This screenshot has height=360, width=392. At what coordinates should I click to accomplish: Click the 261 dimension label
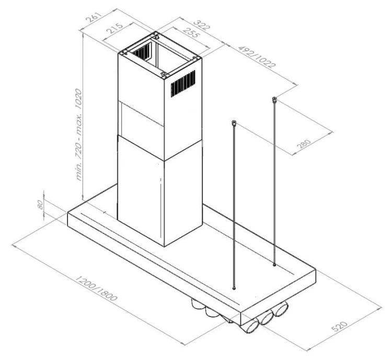coord(94,17)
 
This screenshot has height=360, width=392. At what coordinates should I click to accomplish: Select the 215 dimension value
coord(115,28)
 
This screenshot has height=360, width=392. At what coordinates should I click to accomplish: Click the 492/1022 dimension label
coord(257,57)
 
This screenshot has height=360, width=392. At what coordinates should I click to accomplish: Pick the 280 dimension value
coord(304,144)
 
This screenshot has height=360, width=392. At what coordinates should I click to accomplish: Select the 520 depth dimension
coord(340,326)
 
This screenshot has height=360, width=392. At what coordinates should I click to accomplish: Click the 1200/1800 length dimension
coord(96,288)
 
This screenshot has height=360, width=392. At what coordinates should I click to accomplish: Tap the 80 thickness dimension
coord(40,205)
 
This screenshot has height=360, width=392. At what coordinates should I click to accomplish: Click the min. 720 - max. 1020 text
coord(79,134)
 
